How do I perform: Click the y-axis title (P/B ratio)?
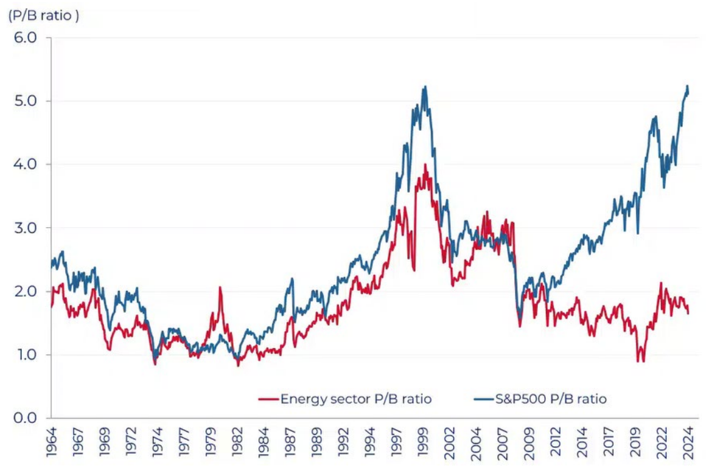43,16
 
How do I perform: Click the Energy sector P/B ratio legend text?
356,399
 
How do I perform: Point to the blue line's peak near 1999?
425,87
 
